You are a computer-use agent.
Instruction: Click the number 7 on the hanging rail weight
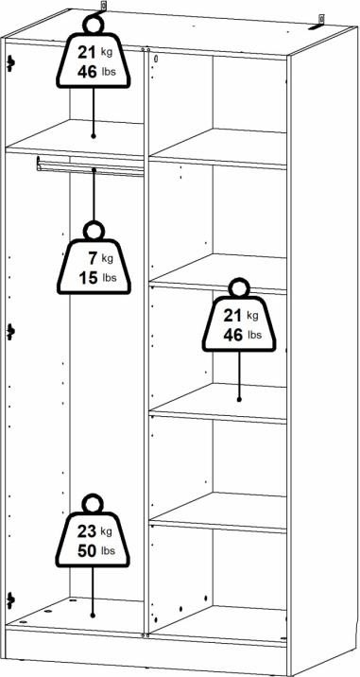94,258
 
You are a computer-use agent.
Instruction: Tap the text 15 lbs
97,278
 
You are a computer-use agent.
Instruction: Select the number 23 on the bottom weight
86,532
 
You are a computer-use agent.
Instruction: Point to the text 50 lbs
96,551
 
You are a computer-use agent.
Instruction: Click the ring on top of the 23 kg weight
93,504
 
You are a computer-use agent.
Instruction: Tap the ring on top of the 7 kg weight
94,231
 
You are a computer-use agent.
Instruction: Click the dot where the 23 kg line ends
93,616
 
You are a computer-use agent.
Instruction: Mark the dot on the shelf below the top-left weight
94,136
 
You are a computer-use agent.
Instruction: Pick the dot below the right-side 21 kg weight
239,399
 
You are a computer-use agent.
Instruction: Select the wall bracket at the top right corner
318,23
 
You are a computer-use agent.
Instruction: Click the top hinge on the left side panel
10,64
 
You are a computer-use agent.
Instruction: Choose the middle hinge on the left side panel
10,332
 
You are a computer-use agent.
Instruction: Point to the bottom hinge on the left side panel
10,600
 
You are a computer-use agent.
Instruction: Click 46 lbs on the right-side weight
243,335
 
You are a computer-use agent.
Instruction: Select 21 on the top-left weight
87,53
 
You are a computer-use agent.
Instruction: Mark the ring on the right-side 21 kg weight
239,288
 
